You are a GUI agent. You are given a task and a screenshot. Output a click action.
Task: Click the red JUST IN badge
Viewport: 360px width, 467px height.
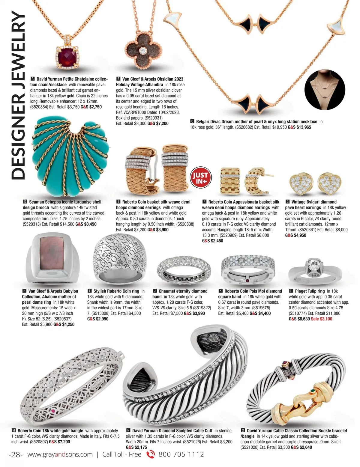(201, 177)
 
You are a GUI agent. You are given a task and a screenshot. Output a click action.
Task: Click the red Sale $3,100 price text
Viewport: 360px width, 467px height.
(322, 319)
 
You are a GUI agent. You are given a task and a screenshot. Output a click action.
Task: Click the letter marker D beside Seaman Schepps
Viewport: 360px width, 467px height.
(25, 202)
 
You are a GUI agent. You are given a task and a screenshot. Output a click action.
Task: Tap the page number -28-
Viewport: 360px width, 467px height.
(16, 454)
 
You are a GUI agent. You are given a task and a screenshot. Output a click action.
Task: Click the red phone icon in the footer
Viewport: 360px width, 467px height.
(150, 454)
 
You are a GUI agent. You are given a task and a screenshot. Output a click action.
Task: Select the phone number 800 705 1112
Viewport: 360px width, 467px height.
(181, 454)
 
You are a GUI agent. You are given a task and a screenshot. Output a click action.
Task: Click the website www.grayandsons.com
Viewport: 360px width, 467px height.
(60, 454)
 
